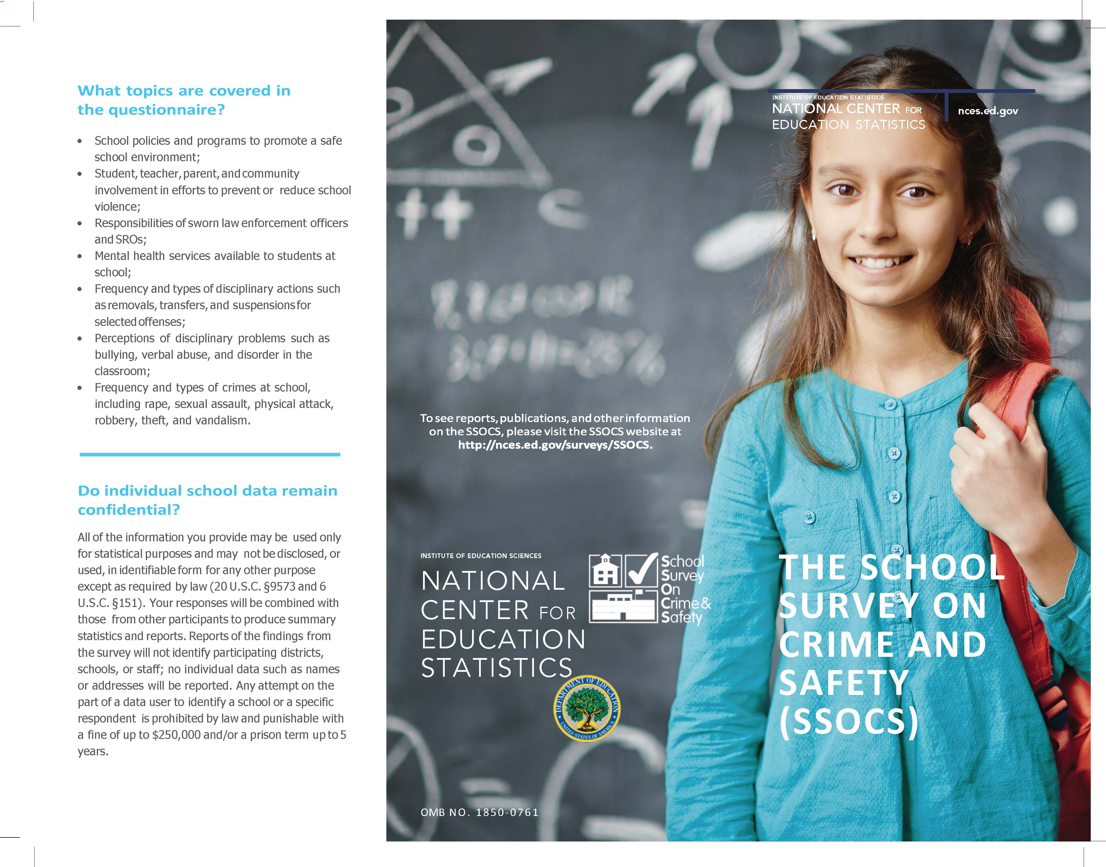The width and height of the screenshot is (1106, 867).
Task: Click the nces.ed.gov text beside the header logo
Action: click(x=988, y=111)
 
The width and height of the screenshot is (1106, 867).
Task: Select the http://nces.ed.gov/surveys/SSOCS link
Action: click(x=555, y=445)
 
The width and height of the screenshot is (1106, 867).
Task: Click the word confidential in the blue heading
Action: click(x=128, y=510)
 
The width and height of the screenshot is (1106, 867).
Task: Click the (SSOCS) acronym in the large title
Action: click(x=848, y=721)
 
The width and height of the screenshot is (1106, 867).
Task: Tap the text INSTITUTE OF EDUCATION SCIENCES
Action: click(x=481, y=556)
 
